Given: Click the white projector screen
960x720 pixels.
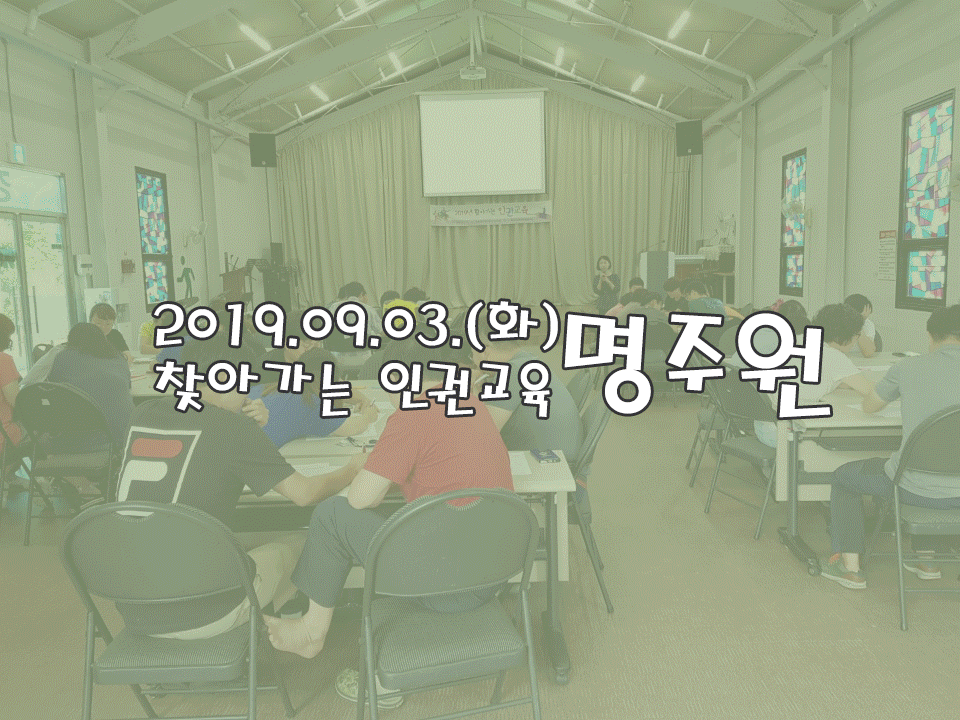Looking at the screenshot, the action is (482, 144).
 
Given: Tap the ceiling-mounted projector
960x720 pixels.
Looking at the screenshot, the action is (473, 73).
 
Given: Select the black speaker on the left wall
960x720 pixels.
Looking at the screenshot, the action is (263, 150).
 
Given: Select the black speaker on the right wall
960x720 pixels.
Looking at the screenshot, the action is (689, 138).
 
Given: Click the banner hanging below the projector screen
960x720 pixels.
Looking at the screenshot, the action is (490, 213).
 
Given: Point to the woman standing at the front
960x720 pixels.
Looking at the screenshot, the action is (606, 283).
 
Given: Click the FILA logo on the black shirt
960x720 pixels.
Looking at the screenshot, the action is (157, 466).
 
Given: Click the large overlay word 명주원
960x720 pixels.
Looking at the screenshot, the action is (696, 364).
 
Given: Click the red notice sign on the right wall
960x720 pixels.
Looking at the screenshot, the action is (887, 255).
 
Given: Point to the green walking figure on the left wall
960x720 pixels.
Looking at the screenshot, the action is (187, 276).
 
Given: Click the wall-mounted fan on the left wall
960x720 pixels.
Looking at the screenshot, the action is (197, 233).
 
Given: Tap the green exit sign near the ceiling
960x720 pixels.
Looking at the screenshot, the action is (17, 154).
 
